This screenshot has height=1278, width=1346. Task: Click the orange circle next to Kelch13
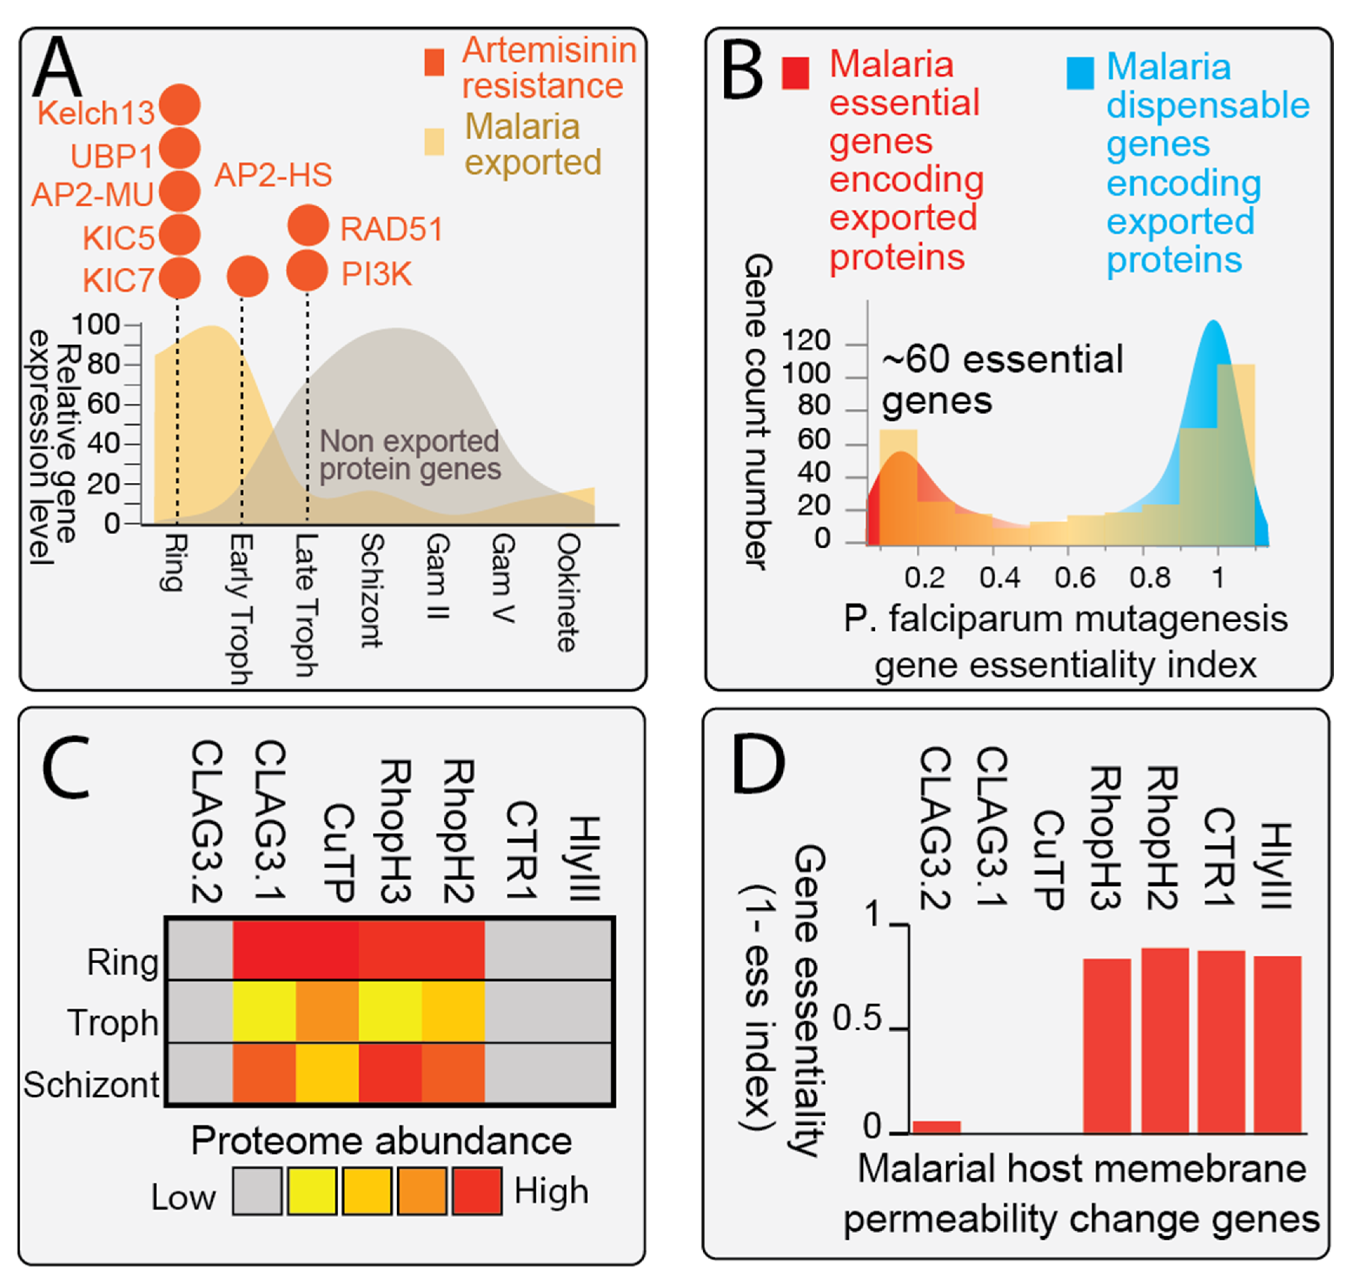(179, 106)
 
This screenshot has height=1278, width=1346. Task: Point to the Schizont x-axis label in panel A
(371, 590)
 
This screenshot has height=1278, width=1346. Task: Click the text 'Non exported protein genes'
(410, 455)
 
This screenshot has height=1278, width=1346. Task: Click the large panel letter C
(67, 768)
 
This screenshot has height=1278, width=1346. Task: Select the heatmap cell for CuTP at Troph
(327, 1011)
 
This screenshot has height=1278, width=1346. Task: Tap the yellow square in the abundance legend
(311, 1191)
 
